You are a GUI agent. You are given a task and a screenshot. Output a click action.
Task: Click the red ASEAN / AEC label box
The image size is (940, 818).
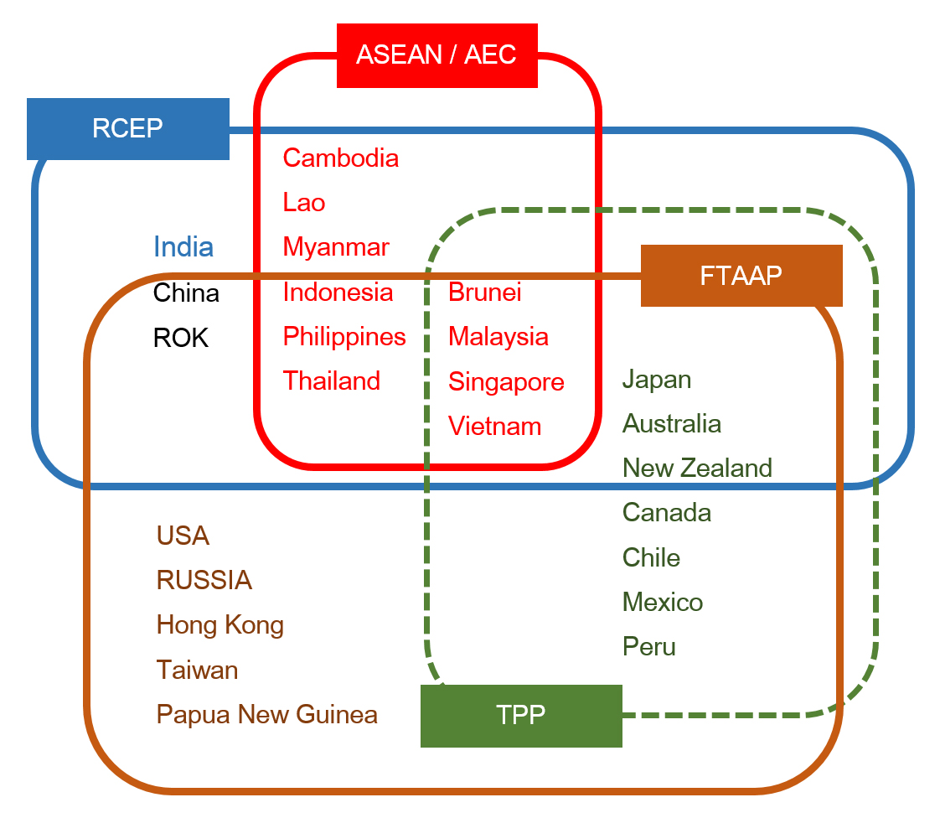click(436, 55)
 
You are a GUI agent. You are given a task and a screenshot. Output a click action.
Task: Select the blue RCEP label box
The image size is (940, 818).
click(127, 129)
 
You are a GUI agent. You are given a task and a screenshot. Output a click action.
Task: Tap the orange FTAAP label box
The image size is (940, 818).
click(741, 276)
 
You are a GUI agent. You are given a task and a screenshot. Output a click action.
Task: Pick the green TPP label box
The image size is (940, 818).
click(520, 715)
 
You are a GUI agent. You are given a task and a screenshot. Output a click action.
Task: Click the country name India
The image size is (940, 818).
click(183, 246)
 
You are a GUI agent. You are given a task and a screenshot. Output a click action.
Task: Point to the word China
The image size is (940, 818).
click(186, 293)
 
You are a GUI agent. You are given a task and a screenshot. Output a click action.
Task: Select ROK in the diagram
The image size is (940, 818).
click(181, 338)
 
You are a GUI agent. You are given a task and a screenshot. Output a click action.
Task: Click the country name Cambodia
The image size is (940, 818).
click(340, 158)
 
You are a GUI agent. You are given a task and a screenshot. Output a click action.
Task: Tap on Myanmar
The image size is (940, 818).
click(336, 247)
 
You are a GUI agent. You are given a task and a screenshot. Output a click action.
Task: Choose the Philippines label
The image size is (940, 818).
click(344, 337)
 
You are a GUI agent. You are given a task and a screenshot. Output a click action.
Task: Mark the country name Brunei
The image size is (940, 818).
click(485, 292)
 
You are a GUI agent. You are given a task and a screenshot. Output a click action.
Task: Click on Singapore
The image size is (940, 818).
click(506, 382)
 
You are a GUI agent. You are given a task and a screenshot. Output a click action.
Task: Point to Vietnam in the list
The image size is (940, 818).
click(494, 427)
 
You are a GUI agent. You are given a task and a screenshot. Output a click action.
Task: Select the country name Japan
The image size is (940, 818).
click(657, 380)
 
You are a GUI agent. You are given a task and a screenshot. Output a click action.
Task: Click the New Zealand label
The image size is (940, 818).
click(697, 468)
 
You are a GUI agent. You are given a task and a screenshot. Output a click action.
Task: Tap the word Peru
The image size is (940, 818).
click(649, 647)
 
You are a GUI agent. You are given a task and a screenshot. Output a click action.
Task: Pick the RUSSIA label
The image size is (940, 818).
click(204, 580)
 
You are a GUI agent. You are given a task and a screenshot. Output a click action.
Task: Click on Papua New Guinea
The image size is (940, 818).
click(267, 714)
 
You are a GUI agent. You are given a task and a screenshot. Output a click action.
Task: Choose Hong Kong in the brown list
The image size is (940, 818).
click(220, 625)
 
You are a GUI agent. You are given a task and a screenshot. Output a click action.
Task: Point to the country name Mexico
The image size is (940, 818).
click(663, 603)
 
